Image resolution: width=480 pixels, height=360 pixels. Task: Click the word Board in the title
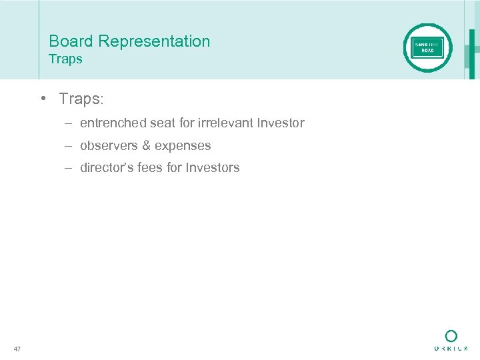[x=71, y=41]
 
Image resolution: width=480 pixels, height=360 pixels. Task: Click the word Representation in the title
[x=154, y=41]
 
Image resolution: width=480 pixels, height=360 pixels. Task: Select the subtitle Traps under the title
[x=65, y=59]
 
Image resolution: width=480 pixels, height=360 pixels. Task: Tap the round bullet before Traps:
[x=42, y=99]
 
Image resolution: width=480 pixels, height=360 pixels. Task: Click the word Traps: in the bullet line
[x=81, y=99]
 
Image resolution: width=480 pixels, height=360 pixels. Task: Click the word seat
[x=160, y=123]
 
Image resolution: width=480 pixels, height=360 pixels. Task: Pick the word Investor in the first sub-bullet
[x=281, y=123]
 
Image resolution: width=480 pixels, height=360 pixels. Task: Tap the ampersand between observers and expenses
[x=147, y=145]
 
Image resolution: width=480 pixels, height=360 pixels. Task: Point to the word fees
[x=149, y=168]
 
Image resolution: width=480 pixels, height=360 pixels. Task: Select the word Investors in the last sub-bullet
[x=213, y=168]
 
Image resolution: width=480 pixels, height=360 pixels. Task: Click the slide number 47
[x=17, y=348]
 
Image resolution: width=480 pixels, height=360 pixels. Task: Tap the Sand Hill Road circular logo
[x=427, y=47]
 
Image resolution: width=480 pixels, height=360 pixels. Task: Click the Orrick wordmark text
[x=451, y=349]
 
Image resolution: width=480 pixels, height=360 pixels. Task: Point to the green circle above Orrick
[x=451, y=335]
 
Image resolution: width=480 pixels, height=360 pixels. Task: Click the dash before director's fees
[x=69, y=168]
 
